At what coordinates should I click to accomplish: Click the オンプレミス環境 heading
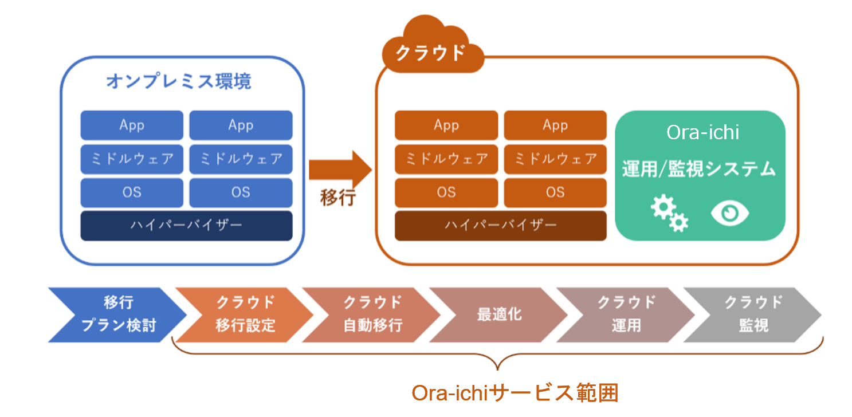(178, 81)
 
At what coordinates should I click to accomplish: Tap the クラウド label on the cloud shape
(431, 53)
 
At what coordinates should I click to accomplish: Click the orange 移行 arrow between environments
(340, 170)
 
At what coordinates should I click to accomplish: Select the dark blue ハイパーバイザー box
(186, 225)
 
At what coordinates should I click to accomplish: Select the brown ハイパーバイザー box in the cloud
(500, 225)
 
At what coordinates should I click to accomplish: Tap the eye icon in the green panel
(730, 214)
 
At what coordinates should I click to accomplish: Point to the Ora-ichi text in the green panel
(702, 132)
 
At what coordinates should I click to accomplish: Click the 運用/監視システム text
(699, 169)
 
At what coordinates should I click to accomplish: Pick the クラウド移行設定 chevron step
(245, 314)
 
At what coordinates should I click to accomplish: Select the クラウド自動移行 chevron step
(372, 314)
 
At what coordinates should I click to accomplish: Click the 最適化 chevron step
(499, 314)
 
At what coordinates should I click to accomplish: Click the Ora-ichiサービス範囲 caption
(515, 394)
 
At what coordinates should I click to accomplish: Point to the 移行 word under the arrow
(337, 198)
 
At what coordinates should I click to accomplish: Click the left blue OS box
(132, 192)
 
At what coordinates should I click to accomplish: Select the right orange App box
(555, 125)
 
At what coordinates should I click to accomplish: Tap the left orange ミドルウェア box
(446, 159)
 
